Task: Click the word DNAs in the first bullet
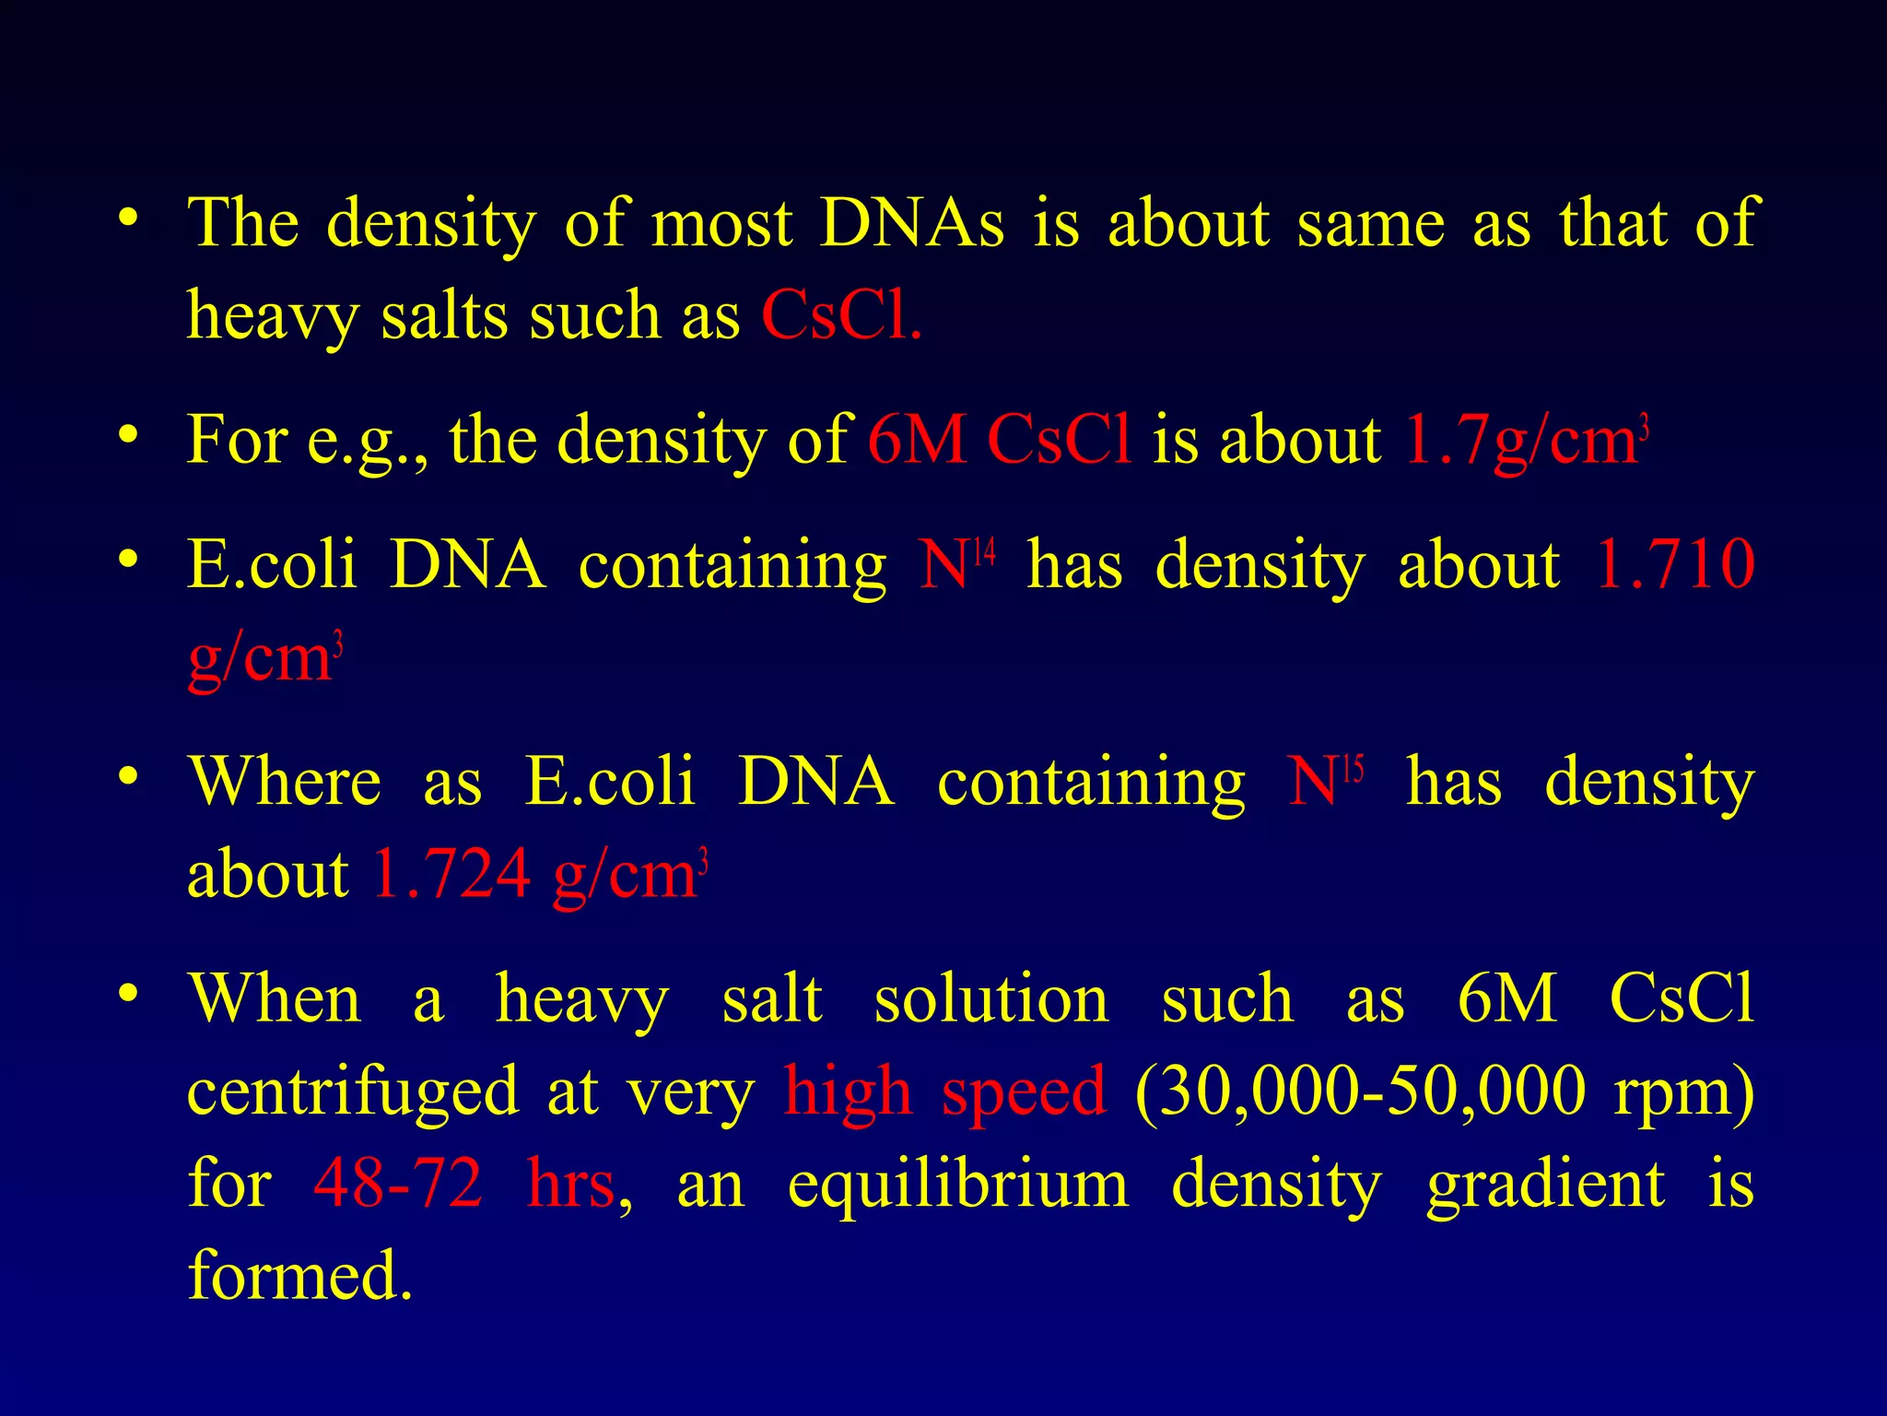tap(911, 223)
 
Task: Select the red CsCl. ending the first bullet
tap(840, 315)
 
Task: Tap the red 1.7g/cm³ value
tap(1525, 440)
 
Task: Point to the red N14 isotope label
tap(957, 563)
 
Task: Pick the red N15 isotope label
tap(1325, 781)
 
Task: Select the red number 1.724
tap(451, 873)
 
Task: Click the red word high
tap(847, 1091)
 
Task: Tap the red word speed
tap(1024, 1091)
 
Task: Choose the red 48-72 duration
tap(398, 1184)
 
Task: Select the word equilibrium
tap(957, 1184)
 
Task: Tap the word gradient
tap(1545, 1184)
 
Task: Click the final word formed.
tap(299, 1276)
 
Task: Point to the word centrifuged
tap(353, 1091)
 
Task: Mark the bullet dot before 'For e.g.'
tap(128, 434)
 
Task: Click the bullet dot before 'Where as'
tap(128, 775)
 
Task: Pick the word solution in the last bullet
tap(991, 999)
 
